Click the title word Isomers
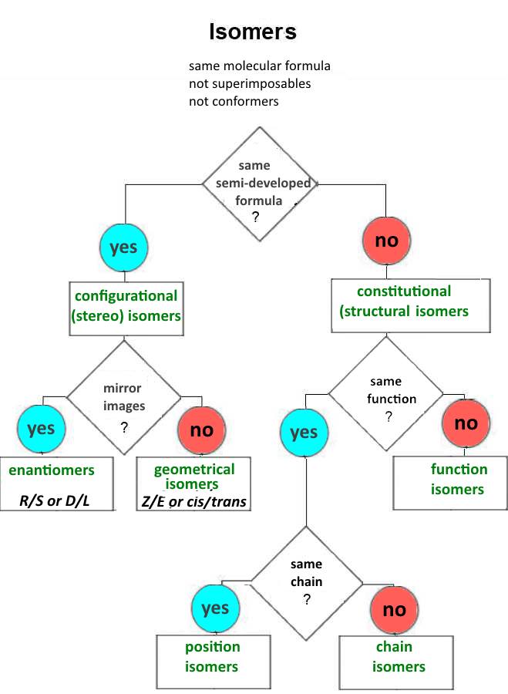pos(253,32)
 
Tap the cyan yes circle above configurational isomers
pos(124,247)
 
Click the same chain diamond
pos(307,578)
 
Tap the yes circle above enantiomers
pos(41,430)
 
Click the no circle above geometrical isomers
pos(201,430)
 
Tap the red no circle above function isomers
pos(466,423)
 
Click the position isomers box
pos(212,656)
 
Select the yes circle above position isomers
pos(215,609)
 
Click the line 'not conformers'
pos(234,101)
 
